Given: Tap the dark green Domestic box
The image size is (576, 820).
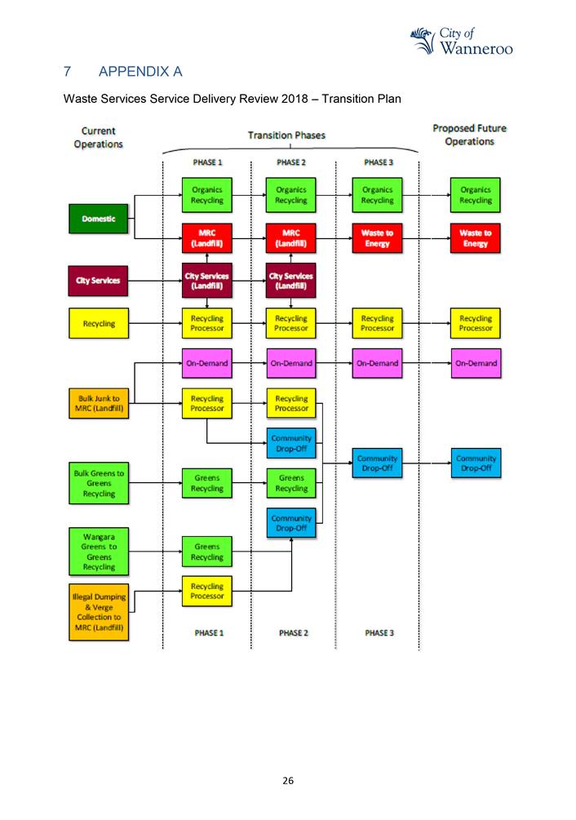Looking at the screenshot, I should tap(98, 219).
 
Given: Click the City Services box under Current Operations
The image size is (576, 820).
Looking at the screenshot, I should tap(98, 281).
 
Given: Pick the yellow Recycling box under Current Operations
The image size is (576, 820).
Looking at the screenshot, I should tap(98, 323).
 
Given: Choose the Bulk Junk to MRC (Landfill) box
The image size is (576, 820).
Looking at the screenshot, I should tap(98, 404).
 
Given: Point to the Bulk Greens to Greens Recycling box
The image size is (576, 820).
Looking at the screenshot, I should tap(98, 483).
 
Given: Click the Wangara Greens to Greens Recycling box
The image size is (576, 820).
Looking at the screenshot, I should tap(98, 551).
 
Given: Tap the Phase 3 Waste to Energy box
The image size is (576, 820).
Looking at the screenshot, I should tap(376, 238).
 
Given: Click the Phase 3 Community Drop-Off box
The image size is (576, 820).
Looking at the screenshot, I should tap(376, 463).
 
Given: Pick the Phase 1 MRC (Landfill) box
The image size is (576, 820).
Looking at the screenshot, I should tap(206, 238).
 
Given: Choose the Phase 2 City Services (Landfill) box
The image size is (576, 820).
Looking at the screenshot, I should tap(291, 281).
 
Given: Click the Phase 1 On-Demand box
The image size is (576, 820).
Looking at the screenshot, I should tap(206, 363).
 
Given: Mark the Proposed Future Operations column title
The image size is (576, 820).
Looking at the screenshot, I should tap(468, 135).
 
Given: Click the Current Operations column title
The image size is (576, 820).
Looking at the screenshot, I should tap(98, 136).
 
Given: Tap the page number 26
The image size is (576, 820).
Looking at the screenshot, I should tap(287, 781).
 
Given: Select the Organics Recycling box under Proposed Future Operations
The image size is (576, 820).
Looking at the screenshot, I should tap(475, 195).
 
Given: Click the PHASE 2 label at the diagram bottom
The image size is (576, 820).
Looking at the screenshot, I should tap(291, 633).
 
